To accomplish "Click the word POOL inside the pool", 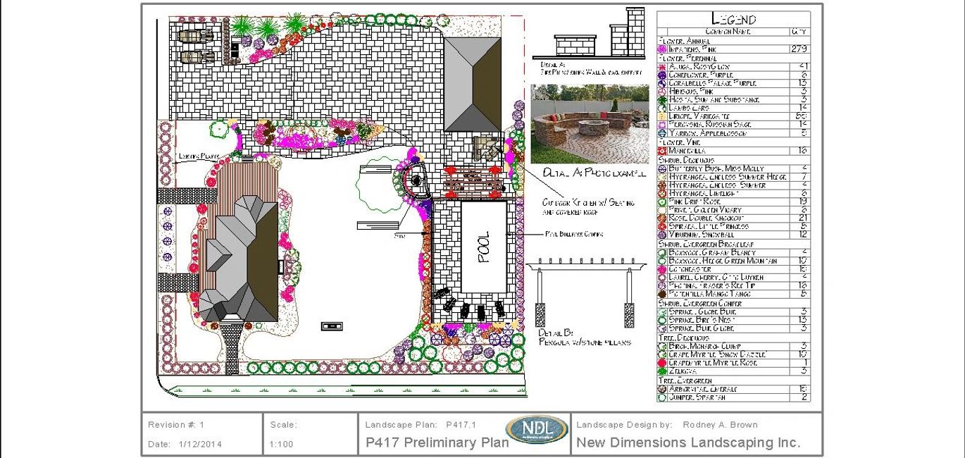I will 484,247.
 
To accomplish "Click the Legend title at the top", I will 733,20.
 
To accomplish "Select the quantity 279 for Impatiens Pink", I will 799,49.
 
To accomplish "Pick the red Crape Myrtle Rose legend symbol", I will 661,363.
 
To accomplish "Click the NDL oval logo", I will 536,430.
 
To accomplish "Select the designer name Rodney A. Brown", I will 721,425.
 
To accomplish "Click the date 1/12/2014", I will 200,444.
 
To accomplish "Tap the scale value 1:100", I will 281,444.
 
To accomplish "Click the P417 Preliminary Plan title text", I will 437,442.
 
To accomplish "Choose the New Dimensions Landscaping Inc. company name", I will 688,442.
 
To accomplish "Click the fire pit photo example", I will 590,124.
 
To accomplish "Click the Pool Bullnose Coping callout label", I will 573,234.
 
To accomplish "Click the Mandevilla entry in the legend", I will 688,151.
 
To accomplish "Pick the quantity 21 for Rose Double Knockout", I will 803,218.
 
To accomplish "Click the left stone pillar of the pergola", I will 540,315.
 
